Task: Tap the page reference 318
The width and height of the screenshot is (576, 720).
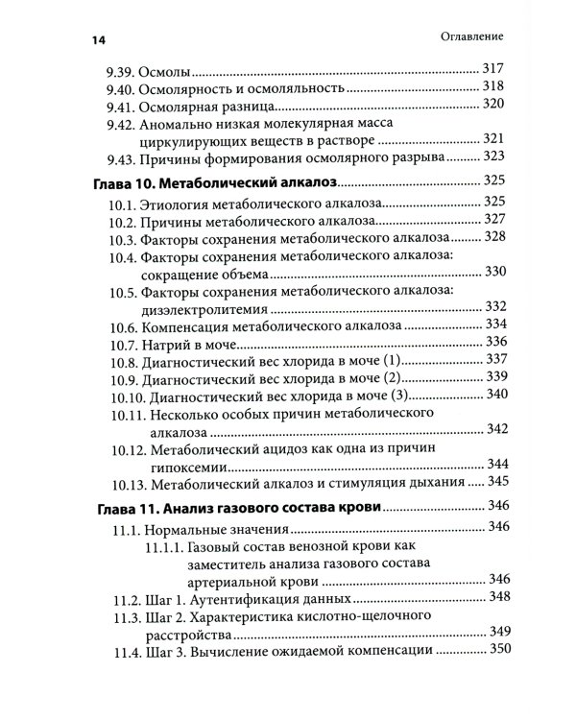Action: point(492,87)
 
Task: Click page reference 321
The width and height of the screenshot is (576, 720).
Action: point(492,139)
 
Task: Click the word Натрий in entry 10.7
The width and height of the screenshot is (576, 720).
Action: point(161,343)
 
